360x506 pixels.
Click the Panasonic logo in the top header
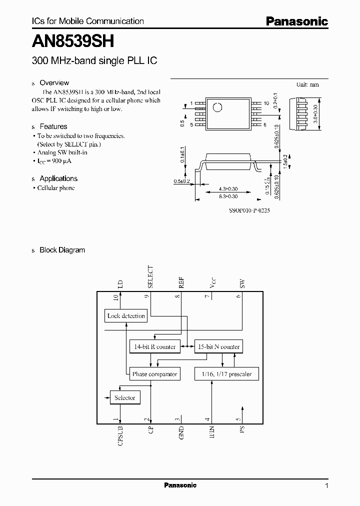[x=296, y=21]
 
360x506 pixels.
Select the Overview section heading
[x=54, y=83]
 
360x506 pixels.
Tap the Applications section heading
[x=58, y=178]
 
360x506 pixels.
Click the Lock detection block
[x=126, y=316]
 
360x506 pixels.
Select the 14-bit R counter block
[x=154, y=346]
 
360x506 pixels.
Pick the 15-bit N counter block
[x=218, y=346]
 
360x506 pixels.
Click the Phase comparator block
[x=154, y=374]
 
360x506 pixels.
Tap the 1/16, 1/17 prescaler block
[x=226, y=374]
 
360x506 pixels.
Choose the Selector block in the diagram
[x=125, y=398]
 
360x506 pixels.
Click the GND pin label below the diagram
[x=181, y=432]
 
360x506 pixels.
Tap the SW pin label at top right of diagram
[x=242, y=283]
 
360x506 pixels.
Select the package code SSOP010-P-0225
[x=249, y=211]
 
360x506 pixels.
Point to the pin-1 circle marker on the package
[x=218, y=107]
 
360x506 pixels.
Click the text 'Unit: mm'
[x=307, y=85]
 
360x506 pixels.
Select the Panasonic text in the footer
[x=180, y=485]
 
